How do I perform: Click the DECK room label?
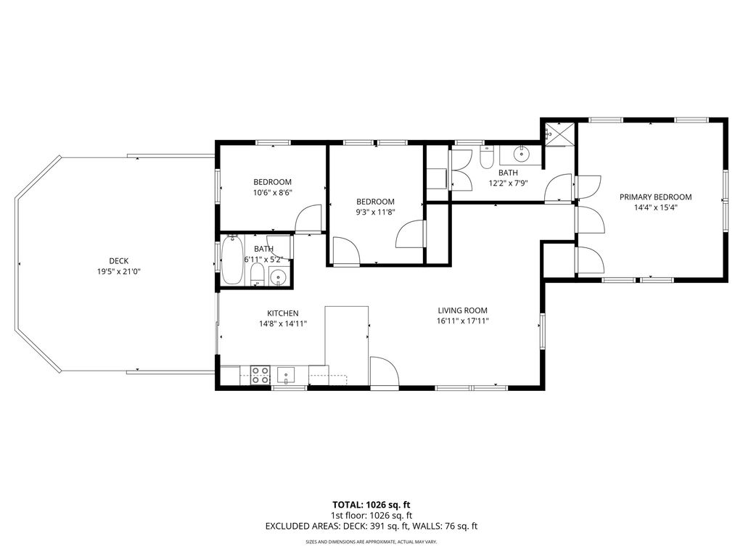(118, 261)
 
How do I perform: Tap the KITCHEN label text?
(283, 313)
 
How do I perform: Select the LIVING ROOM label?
(462, 310)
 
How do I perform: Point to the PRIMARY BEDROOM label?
(655, 197)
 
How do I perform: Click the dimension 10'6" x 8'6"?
(273, 193)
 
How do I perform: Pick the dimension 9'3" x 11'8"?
(375, 213)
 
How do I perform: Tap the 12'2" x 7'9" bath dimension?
(508, 183)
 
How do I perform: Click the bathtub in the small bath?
(232, 260)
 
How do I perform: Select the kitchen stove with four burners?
(260, 375)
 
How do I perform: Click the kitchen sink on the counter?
(286, 375)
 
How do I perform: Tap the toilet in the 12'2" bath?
(487, 157)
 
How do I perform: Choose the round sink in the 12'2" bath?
(521, 154)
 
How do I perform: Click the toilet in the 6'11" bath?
(258, 275)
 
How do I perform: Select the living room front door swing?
(385, 373)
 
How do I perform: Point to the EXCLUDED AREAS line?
(371, 526)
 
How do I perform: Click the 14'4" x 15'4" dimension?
(656, 207)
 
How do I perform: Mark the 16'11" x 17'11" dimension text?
(462, 321)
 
